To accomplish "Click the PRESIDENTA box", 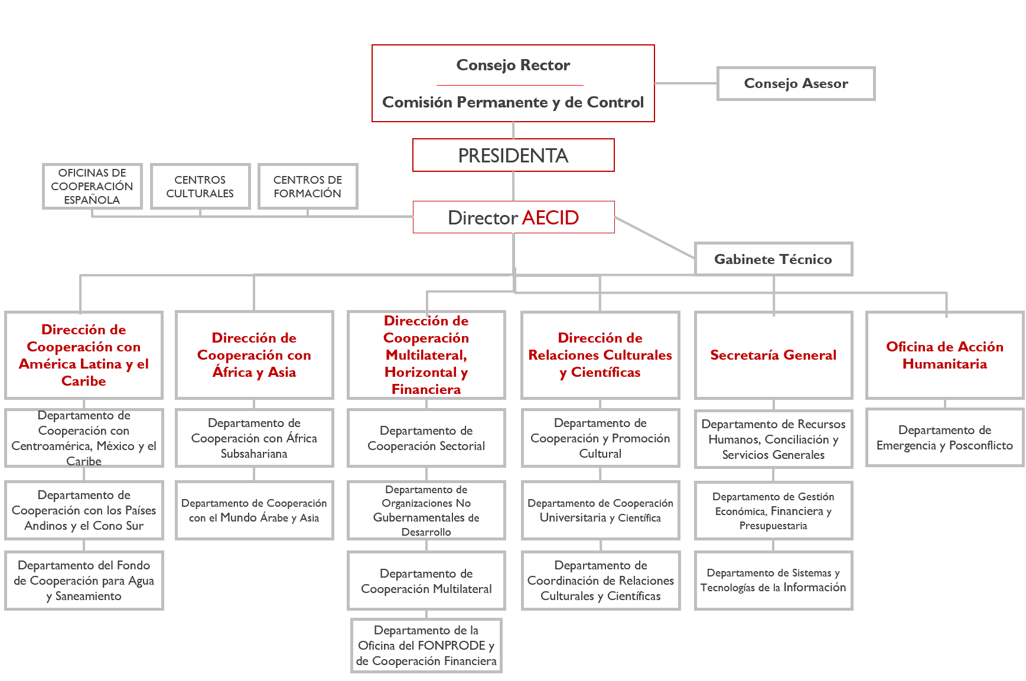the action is (513, 155).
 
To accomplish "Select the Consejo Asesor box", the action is (796, 83).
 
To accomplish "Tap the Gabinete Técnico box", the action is (773, 259).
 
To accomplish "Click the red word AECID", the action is (550, 217).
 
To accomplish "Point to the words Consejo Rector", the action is (513, 65).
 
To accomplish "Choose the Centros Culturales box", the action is (200, 186).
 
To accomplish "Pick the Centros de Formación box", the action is (308, 186).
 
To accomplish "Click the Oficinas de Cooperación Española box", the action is (92, 186).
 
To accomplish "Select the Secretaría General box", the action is (773, 355).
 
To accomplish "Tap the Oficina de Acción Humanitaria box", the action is (944, 355).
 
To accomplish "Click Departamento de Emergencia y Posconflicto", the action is (944, 438).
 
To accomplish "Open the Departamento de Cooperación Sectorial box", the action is (426, 438).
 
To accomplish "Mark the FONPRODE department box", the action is (426, 646).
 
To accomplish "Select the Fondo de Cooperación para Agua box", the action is (84, 581).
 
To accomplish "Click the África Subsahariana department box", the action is (255, 438).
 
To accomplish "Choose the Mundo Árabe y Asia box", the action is (255, 510).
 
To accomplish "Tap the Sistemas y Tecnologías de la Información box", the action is (773, 581).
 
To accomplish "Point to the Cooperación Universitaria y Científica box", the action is (601, 510).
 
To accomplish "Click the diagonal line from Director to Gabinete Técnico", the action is (654, 237).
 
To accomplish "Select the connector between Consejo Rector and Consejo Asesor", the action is (686, 83).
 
